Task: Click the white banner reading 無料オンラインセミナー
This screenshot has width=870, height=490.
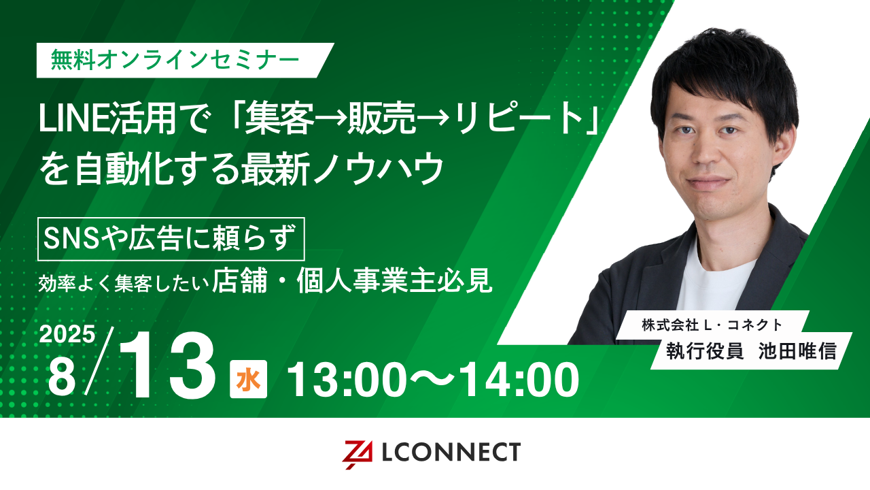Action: [x=186, y=61]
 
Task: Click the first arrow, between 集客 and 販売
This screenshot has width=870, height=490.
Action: [x=331, y=121]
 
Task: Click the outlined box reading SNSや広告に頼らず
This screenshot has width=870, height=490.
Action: [x=171, y=239]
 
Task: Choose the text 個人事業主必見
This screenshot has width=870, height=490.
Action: [x=395, y=281]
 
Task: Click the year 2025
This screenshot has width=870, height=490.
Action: [x=67, y=333]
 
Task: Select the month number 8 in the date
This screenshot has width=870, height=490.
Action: [x=61, y=378]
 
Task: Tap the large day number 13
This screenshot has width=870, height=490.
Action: [x=168, y=367]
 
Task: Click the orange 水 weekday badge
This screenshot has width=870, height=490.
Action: [x=249, y=380]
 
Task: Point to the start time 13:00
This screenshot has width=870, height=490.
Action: [x=347, y=380]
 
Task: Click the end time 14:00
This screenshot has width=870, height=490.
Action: [x=521, y=380]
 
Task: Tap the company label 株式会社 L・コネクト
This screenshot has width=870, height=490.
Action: [x=712, y=325]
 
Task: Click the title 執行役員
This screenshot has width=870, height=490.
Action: [x=705, y=352]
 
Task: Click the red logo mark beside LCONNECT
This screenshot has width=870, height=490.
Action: [x=357, y=454]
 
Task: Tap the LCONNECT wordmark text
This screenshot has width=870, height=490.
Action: [x=451, y=451]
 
